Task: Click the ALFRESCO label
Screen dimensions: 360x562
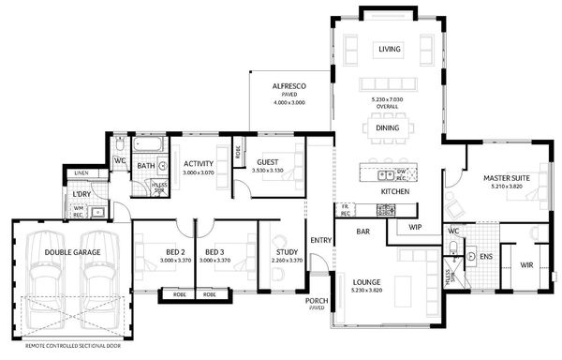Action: click(x=289, y=85)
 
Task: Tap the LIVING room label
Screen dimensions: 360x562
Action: click(x=389, y=50)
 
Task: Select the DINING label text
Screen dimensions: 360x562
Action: click(x=388, y=127)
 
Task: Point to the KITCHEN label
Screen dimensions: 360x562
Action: click(x=394, y=191)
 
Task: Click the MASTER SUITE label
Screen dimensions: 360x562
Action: click(x=507, y=176)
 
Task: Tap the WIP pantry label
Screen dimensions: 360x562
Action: click(x=416, y=227)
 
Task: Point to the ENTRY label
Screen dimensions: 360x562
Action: click(x=320, y=240)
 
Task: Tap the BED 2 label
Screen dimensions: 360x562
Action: click(x=175, y=252)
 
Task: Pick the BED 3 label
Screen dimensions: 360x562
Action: click(x=214, y=252)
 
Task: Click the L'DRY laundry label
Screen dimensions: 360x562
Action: click(x=81, y=194)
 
